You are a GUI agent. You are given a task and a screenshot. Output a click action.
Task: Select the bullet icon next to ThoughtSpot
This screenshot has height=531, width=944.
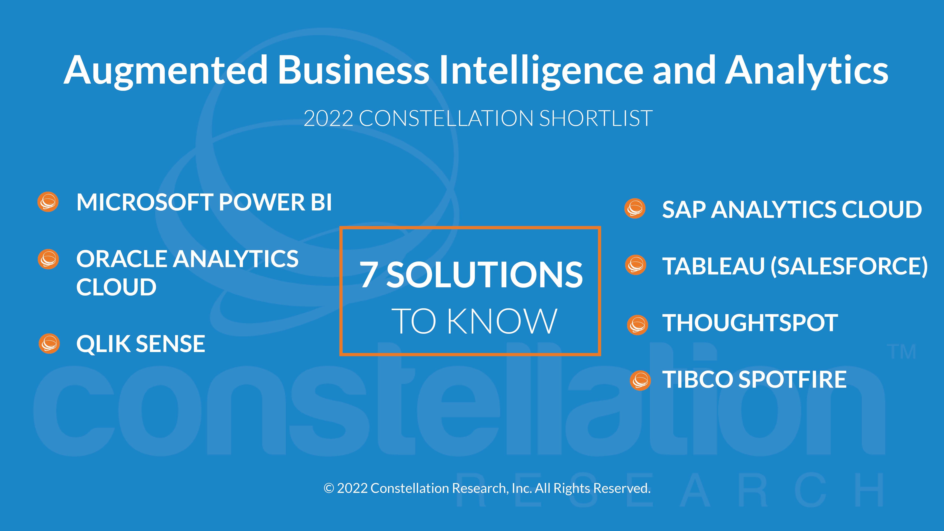[638, 325]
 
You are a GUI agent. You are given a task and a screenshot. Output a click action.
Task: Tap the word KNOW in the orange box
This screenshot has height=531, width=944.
[502, 321]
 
